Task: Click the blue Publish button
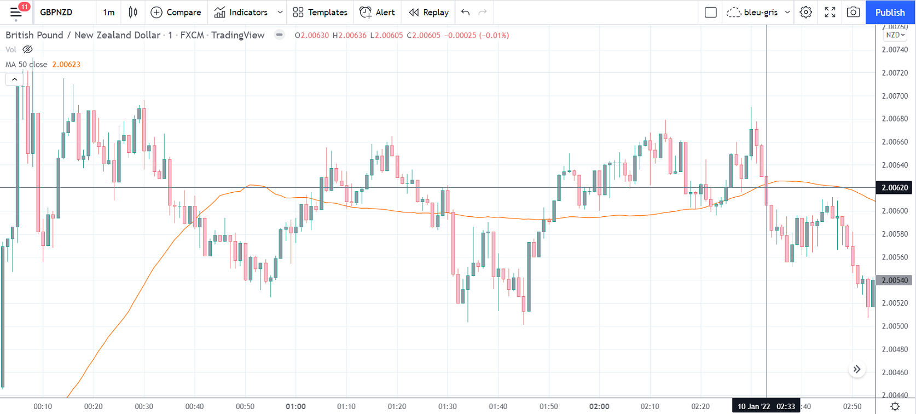click(890, 12)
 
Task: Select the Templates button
click(320, 12)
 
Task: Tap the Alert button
click(377, 12)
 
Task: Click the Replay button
click(428, 12)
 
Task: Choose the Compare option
click(176, 12)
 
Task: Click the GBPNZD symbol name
click(56, 12)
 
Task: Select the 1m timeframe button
click(109, 12)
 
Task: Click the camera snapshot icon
click(853, 12)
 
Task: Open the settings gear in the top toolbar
click(805, 12)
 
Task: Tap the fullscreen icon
click(830, 12)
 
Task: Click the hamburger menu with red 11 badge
click(16, 12)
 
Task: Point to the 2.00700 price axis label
click(895, 96)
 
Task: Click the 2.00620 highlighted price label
click(895, 188)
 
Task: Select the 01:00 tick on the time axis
click(295, 406)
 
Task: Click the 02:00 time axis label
click(599, 406)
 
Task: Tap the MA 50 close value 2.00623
click(66, 65)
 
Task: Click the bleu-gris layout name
click(760, 12)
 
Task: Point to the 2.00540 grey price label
click(895, 280)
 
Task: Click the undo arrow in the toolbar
click(465, 12)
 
